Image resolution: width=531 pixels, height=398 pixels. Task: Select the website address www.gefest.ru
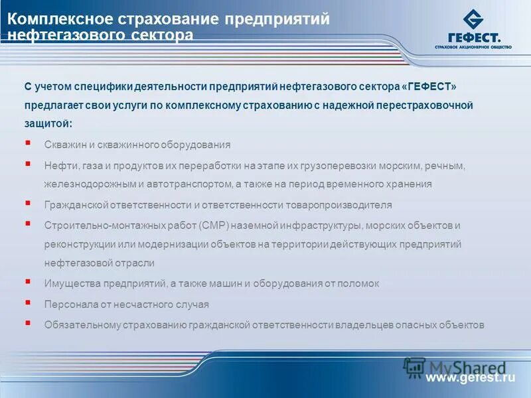click(x=471, y=378)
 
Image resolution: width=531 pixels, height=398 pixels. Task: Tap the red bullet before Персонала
click(x=27, y=303)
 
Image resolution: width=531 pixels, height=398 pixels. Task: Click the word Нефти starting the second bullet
click(x=58, y=165)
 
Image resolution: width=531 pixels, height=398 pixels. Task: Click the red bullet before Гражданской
click(x=27, y=204)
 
